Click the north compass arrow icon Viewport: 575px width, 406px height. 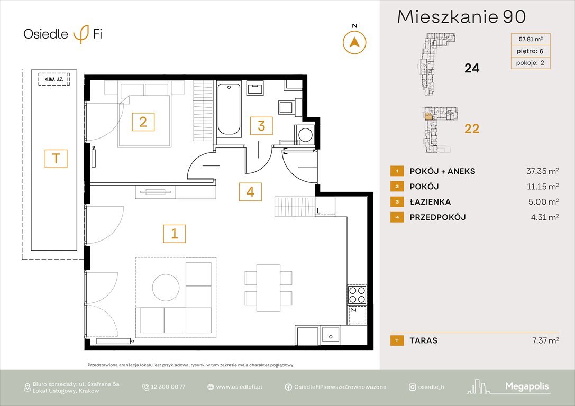355,42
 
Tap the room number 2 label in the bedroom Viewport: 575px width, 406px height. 143,122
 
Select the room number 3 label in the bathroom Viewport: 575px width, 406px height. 261,126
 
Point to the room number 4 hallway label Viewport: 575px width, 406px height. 250,191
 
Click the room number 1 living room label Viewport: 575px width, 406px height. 175,233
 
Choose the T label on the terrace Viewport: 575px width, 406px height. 56,159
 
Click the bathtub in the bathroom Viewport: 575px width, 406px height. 229,108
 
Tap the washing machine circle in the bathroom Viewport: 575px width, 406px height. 305,134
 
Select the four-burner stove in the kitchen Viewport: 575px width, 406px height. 356,294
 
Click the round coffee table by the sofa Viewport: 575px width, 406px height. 166,287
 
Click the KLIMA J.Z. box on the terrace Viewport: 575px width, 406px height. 54,82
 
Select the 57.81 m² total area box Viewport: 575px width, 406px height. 530,39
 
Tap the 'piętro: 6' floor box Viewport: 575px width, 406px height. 530,51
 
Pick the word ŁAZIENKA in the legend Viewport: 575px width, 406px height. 430,202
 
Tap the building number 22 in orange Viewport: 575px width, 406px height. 471,128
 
